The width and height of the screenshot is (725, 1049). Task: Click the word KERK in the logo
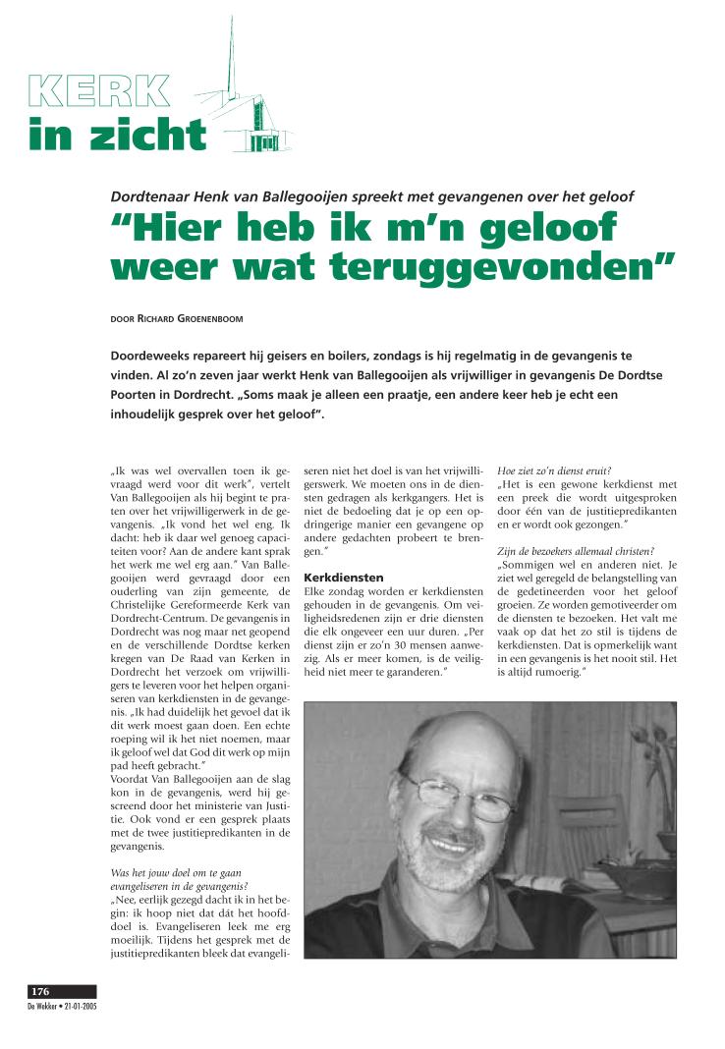[98, 90]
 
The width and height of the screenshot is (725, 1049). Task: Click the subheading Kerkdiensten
[343, 577]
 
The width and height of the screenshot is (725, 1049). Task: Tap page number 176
[40, 991]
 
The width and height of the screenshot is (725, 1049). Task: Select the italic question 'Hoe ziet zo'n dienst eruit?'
[554, 469]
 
